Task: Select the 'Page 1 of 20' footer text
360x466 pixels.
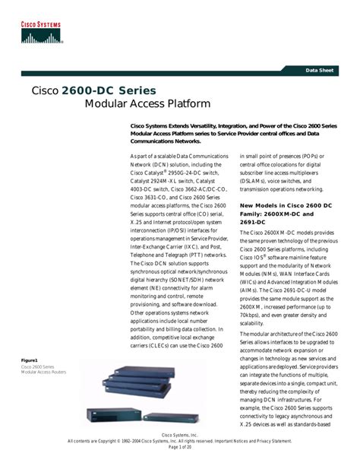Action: (x=179, y=448)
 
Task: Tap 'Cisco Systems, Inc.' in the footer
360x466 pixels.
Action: (x=179, y=433)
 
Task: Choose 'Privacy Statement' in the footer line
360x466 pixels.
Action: (x=270, y=440)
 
